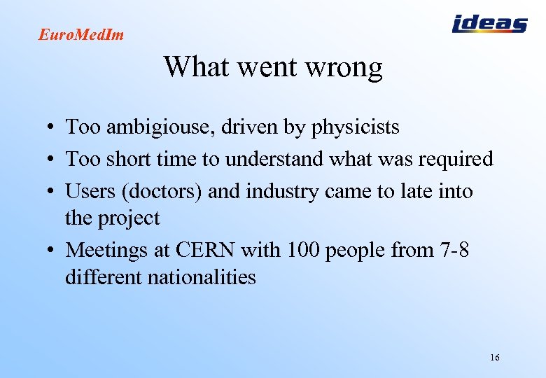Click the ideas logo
(489, 24)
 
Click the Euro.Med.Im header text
(81, 34)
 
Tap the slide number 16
(495, 358)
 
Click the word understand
(274, 160)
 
